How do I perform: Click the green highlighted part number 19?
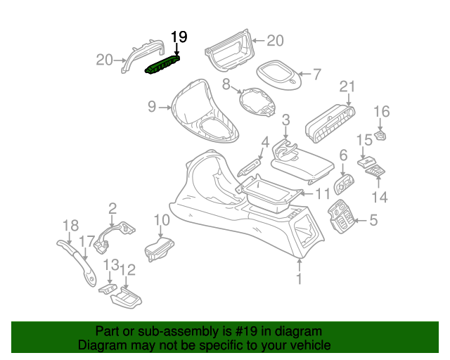162,64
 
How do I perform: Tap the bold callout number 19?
179,37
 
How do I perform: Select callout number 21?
347,86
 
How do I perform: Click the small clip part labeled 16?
380,136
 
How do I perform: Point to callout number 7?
316,75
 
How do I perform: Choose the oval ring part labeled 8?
257,102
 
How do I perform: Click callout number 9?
152,106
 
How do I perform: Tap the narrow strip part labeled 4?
250,167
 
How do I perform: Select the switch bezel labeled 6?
344,184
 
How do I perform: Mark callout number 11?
323,194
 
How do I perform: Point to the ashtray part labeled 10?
160,249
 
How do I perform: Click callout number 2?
112,208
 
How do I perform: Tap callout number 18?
70,226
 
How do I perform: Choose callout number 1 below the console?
299,278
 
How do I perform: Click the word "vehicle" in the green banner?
310,345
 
